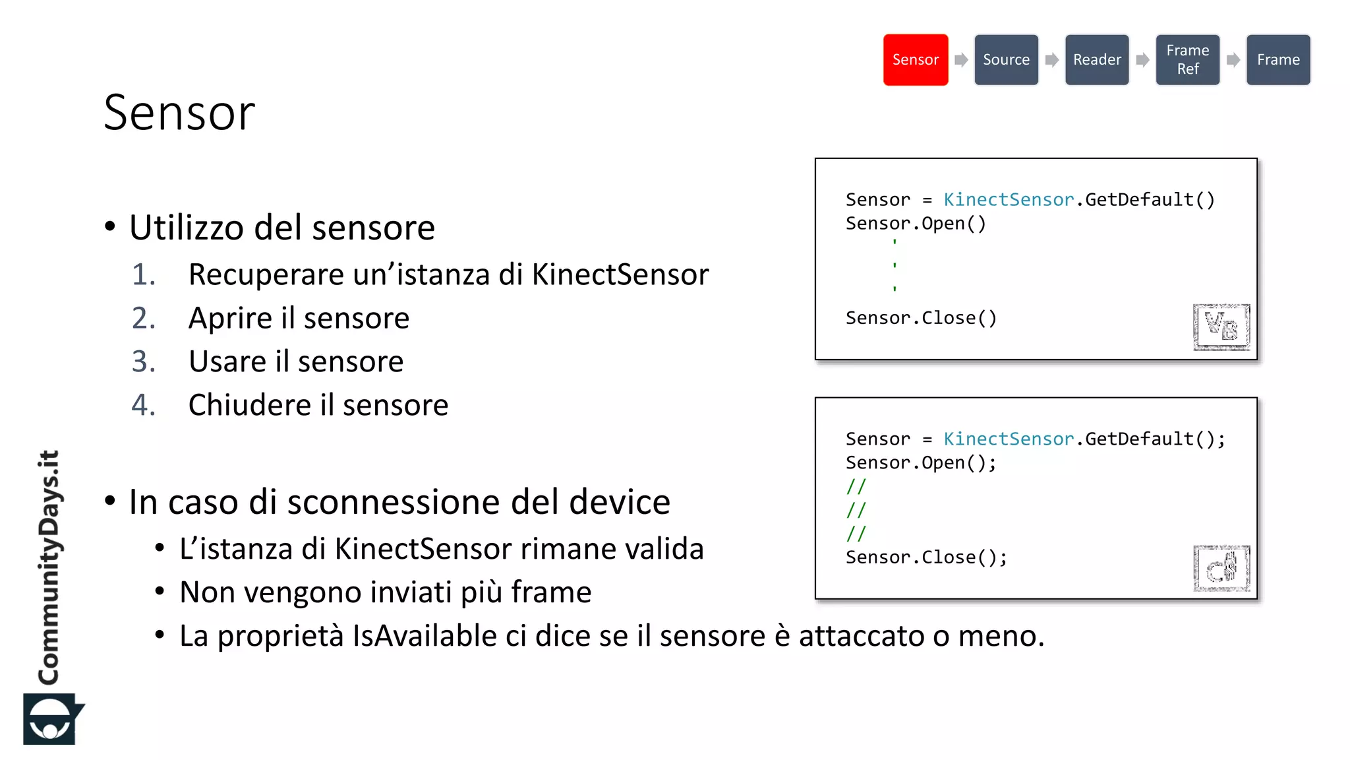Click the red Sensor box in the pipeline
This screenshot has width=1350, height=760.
tap(915, 60)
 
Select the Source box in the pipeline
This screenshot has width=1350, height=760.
tap(1006, 60)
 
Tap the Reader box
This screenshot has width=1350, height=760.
tap(1097, 60)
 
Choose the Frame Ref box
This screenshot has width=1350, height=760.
tap(1187, 60)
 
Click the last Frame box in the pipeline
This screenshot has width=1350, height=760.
tap(1277, 60)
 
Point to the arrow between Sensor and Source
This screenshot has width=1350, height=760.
tap(961, 60)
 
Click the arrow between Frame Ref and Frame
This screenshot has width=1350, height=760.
tap(1233, 60)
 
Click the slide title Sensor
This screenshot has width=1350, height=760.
tap(179, 113)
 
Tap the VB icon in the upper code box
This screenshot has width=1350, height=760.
tap(1221, 327)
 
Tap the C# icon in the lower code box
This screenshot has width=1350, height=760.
tap(1221, 568)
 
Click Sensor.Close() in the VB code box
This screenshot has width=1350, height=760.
tap(921, 318)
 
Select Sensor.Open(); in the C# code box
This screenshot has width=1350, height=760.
tap(921, 463)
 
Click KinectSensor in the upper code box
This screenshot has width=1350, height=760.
tap(1009, 200)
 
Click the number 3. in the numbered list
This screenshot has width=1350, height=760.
tap(144, 362)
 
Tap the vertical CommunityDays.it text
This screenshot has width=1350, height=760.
tap(49, 567)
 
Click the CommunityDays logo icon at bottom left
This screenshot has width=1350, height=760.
tap(51, 719)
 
